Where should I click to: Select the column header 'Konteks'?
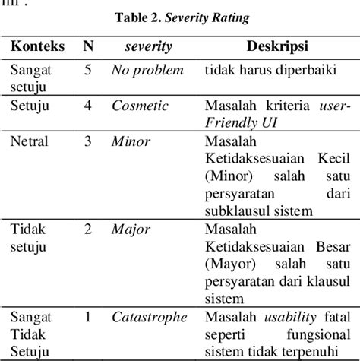pyautogui.click(x=36, y=48)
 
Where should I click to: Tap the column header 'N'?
pyautogui.click(x=88, y=48)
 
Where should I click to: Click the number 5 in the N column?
pyautogui.click(x=88, y=71)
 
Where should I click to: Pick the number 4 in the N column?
pyautogui.click(x=88, y=106)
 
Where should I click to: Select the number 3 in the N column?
pyautogui.click(x=88, y=141)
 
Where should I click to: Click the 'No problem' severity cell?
pyautogui.click(x=147, y=71)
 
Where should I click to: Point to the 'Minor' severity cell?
pyautogui.click(x=131, y=141)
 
